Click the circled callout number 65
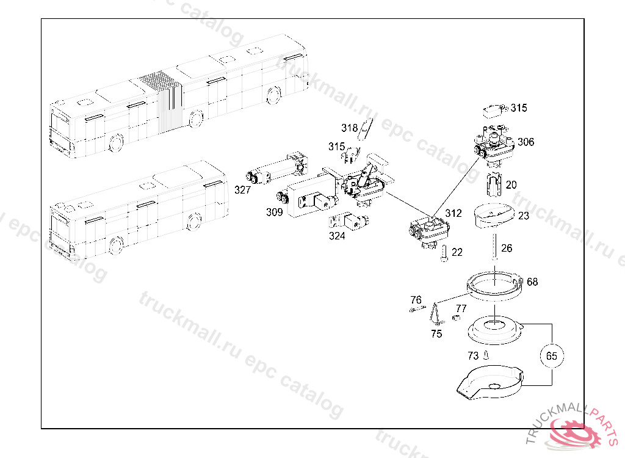(x=552, y=355)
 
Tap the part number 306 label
(x=526, y=142)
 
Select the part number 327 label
(x=242, y=190)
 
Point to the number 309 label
(x=274, y=212)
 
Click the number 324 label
(x=337, y=236)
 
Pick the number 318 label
(x=349, y=128)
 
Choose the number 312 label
(x=453, y=213)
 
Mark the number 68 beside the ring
(x=532, y=282)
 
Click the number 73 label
(x=473, y=355)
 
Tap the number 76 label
(x=416, y=300)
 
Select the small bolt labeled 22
(x=444, y=254)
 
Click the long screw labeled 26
(x=494, y=247)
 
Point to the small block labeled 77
(x=457, y=317)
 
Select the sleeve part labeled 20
(x=494, y=184)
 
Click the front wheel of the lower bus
(x=115, y=246)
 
